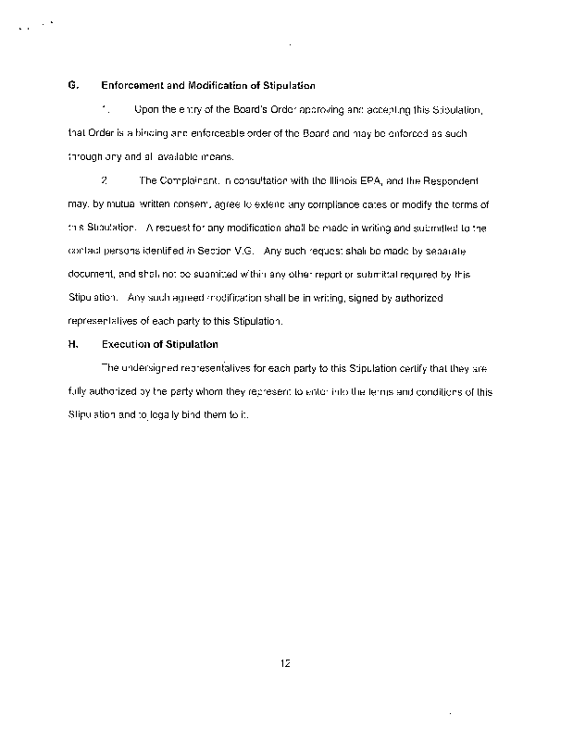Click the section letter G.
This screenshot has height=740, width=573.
pos(72,86)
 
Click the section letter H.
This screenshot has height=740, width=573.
pos(72,344)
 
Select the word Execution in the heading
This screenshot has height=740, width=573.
pos(126,344)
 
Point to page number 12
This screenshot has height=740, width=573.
pos(286,660)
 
